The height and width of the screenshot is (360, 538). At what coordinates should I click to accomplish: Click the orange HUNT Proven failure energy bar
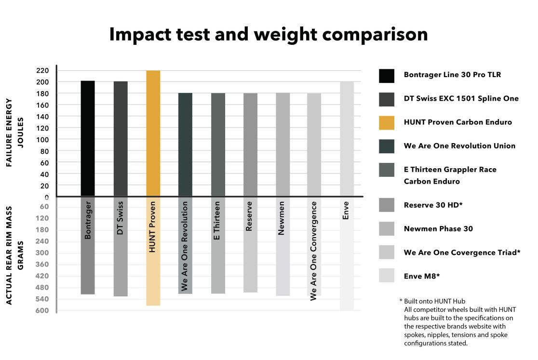click(x=153, y=133)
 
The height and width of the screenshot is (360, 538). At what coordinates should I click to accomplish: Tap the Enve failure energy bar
click(x=347, y=138)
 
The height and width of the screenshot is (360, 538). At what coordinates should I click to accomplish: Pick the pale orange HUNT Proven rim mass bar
click(x=153, y=251)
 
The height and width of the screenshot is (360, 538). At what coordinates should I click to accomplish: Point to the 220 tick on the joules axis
click(x=43, y=70)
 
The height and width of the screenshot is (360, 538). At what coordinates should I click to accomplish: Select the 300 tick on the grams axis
click(x=43, y=253)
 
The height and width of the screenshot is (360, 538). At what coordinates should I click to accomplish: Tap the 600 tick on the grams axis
click(x=43, y=310)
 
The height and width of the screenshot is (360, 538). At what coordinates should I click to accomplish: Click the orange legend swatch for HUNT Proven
click(x=387, y=123)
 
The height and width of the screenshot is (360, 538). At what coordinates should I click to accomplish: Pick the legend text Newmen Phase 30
click(x=438, y=228)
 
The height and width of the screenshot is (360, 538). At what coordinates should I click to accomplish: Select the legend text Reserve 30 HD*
click(x=433, y=205)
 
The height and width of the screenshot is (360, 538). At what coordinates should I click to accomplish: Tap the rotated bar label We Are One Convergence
click(x=314, y=251)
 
